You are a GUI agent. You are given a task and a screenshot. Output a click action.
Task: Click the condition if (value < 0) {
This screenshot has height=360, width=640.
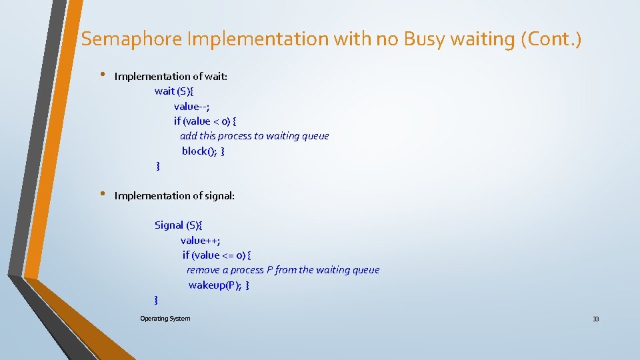point(205,121)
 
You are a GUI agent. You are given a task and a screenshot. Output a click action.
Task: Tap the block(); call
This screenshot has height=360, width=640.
point(199,151)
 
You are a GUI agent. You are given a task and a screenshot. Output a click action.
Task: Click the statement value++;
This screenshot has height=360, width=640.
point(200,240)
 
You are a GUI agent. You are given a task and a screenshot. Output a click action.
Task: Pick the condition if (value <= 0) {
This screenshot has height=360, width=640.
point(217,255)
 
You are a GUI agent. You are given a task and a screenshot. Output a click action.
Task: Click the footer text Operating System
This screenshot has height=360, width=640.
point(165,319)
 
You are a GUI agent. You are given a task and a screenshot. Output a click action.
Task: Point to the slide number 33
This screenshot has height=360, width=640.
point(595,319)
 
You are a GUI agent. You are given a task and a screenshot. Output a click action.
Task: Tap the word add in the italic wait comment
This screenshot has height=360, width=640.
point(188,136)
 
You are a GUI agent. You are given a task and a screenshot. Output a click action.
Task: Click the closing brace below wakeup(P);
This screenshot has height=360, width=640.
point(156,300)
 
